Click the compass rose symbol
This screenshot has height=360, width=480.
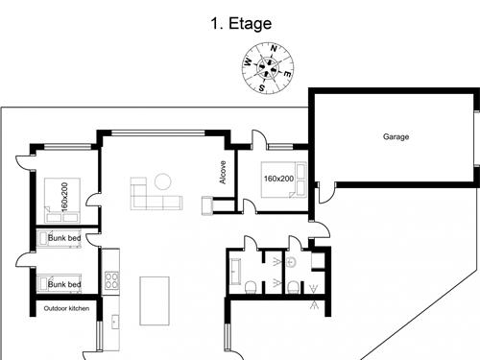click(267, 69)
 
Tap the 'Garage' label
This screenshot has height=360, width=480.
click(396, 137)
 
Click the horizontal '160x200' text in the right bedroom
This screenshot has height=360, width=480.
click(279, 179)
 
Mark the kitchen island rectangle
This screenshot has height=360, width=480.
click(155, 300)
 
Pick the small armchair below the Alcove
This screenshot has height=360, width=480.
click(206, 204)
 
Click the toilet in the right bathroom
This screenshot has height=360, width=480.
click(290, 285)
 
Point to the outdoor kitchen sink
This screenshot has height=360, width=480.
click(113, 321)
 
